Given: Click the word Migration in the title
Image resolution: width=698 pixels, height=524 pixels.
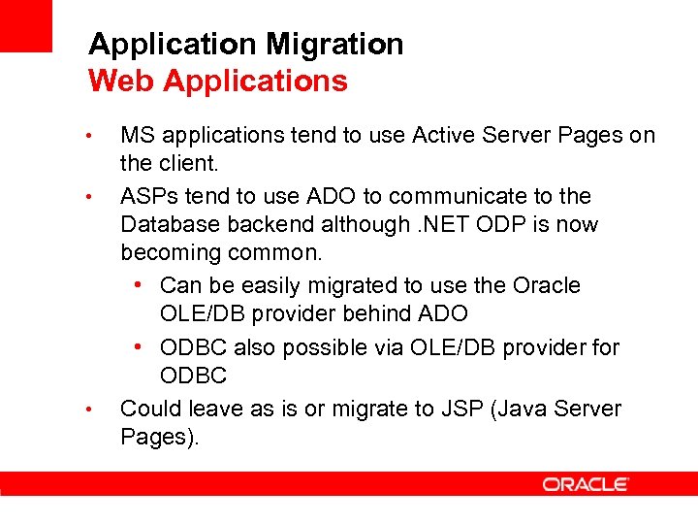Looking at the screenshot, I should point(334,45).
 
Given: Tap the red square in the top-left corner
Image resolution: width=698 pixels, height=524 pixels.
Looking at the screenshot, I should point(25,25).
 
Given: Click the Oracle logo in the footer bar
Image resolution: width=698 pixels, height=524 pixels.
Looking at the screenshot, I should point(586,484).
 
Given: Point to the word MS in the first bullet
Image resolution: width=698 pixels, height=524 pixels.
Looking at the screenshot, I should point(138,136).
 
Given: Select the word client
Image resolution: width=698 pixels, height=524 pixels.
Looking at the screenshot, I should point(184,163).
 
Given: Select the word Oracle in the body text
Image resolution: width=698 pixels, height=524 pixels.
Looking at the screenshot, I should point(546,285).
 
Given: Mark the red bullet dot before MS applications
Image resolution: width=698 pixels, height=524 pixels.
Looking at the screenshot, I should point(88,135).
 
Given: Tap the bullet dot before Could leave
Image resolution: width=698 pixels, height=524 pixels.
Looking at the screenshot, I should point(88,409).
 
